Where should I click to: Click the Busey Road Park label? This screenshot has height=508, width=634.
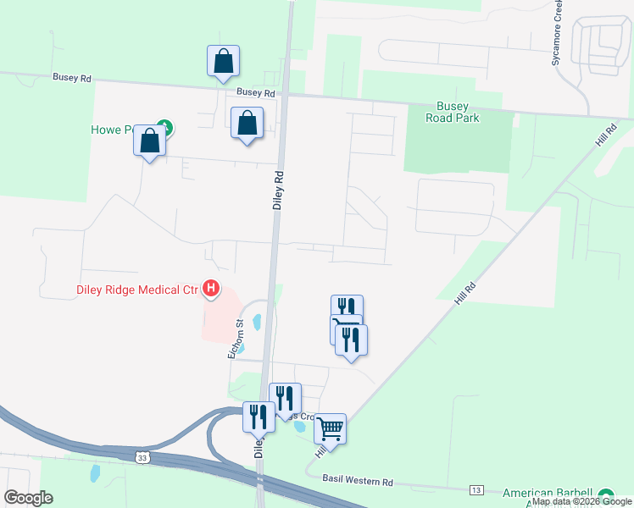458,113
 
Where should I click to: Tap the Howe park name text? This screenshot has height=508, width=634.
112,130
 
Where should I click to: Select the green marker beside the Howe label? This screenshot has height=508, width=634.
167,129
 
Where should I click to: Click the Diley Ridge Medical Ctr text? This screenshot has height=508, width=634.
134,290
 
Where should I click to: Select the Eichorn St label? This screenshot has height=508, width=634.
239,338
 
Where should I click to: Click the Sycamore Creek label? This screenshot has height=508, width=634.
557,34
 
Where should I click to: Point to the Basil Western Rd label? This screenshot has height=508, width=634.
358,480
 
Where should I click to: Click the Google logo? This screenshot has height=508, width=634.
28,498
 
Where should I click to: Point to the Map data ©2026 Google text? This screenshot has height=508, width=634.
581,502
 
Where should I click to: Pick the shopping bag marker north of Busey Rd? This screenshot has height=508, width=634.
223,61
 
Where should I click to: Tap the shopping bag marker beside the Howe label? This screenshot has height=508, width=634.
149,141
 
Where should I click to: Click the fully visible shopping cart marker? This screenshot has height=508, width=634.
330,428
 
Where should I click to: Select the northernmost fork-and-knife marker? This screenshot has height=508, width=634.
347,308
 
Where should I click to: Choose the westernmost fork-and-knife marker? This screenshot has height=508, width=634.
259,416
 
